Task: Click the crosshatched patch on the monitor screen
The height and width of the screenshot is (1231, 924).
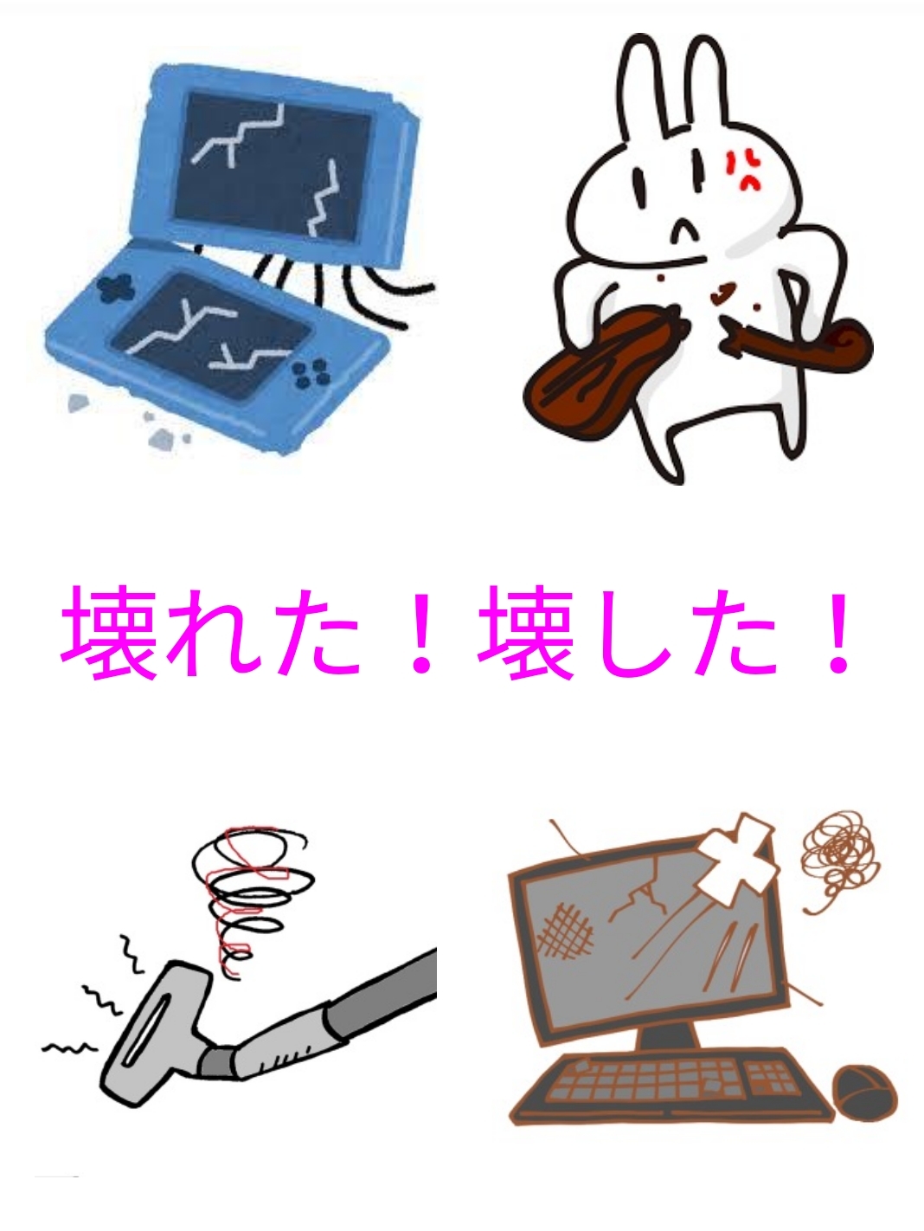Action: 565,943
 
